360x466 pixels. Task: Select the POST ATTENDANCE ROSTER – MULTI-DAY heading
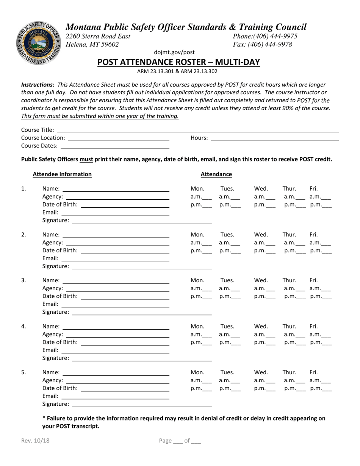coord(178,62)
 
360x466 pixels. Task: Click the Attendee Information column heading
coord(62,174)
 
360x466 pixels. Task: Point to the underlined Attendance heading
coord(216,174)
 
